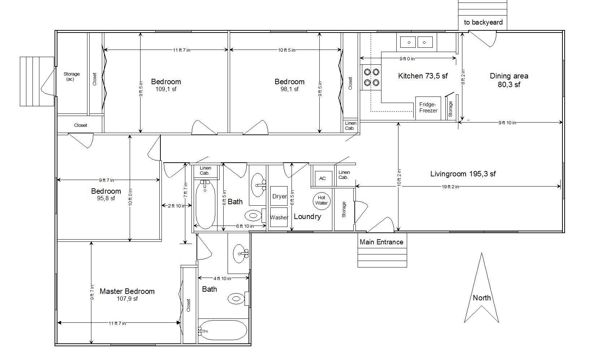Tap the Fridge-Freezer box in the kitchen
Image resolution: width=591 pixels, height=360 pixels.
[x=428, y=108]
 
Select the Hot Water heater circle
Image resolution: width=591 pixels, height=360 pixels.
[x=322, y=201]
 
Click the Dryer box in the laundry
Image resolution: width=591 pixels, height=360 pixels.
[x=279, y=196]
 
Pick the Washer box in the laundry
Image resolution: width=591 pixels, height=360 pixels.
[x=279, y=217]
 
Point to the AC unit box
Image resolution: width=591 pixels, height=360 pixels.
[x=322, y=179]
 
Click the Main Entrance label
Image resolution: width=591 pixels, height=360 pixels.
[x=381, y=242]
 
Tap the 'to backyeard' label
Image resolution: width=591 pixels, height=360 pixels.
[x=483, y=22]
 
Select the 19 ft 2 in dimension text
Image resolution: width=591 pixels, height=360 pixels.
[x=450, y=187]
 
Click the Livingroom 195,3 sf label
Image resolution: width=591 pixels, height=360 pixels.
[x=463, y=174]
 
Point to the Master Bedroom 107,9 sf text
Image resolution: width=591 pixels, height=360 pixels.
[x=127, y=295]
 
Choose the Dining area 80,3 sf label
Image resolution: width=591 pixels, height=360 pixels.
[x=509, y=80]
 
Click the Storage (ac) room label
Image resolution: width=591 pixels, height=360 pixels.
[x=71, y=77]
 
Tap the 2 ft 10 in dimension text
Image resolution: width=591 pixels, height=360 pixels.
[x=177, y=206]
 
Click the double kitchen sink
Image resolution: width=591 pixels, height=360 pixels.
[x=417, y=42]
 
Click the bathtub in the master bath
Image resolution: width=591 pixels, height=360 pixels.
[x=223, y=330]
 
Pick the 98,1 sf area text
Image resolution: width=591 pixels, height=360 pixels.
[x=289, y=89]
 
